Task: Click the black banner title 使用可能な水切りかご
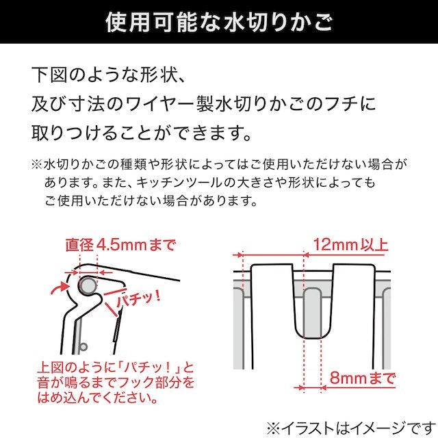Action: [219, 21]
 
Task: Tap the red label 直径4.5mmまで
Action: [120, 245]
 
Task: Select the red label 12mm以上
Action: [350, 245]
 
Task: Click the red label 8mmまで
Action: [363, 378]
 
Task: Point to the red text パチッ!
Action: [139, 300]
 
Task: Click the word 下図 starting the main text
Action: [49, 75]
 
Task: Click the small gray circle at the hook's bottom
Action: [83, 347]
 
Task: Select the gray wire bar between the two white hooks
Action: [312, 313]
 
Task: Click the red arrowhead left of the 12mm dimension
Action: [238, 255]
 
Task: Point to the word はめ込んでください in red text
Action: [97, 398]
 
